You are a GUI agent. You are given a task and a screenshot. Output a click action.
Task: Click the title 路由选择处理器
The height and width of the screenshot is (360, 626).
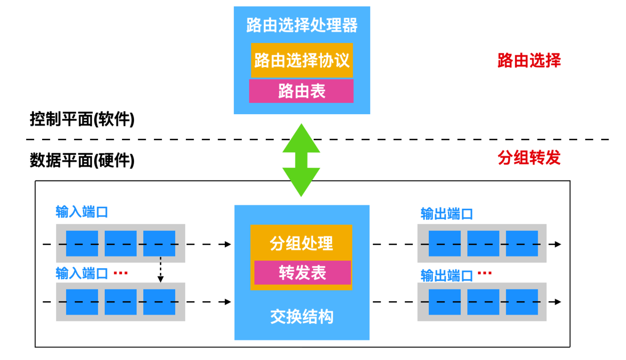[302, 25]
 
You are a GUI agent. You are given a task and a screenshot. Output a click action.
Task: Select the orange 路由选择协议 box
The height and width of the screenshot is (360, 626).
[302, 60]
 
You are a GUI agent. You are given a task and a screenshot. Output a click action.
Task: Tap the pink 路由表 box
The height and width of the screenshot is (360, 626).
[302, 91]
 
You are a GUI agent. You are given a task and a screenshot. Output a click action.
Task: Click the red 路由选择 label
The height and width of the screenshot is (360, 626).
[529, 60]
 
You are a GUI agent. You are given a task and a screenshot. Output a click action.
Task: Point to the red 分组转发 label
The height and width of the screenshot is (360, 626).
[529, 158]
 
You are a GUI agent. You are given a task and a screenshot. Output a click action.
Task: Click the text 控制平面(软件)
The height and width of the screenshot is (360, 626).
[82, 119]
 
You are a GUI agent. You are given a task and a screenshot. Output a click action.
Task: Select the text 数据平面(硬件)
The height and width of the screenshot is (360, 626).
[82, 160]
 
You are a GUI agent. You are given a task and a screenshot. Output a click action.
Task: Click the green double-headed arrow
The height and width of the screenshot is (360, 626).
[301, 160]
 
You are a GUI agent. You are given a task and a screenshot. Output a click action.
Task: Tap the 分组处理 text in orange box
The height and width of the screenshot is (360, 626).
[301, 243]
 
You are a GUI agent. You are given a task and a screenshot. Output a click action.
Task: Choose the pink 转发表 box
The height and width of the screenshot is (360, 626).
[302, 273]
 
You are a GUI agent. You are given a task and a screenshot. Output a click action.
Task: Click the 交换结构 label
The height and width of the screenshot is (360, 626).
[302, 316]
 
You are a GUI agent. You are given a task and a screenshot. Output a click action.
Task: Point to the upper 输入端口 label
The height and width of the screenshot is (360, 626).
[81, 212]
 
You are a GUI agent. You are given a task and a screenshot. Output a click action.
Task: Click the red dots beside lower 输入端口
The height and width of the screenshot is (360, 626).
[120, 273]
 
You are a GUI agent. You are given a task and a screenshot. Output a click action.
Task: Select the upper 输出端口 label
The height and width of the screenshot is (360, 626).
[446, 214]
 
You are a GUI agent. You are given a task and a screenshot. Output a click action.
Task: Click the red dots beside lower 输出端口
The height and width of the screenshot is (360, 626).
[484, 273]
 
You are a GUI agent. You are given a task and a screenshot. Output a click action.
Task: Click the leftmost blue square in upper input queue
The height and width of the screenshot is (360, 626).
[82, 243]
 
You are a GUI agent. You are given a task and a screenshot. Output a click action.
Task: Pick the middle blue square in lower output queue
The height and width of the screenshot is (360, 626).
[483, 302]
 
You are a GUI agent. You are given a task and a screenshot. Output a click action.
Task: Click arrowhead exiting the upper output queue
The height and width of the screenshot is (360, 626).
[557, 244]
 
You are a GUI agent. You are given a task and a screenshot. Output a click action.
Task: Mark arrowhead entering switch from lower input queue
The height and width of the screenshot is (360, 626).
[228, 302]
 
